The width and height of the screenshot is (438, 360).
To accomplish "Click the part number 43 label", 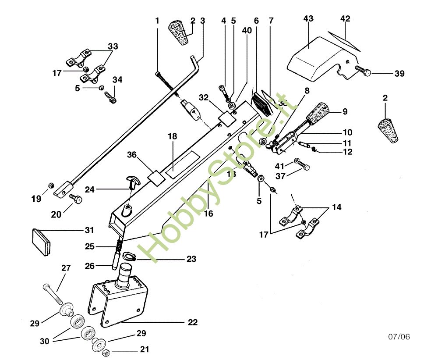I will tap(308, 19).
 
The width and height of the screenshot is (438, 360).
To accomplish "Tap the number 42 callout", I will tap(346, 19).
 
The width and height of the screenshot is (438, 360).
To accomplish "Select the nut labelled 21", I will tap(106, 353).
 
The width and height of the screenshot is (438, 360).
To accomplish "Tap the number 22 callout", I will tap(193, 323).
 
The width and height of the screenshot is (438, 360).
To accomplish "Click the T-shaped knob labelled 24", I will tap(131, 181).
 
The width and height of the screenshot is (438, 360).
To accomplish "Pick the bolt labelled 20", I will tap(76, 200).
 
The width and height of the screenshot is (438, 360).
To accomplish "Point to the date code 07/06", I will tap(399, 337).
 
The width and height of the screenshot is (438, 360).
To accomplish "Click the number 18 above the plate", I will tap(172, 136).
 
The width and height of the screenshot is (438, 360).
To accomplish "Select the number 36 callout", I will tap(132, 154).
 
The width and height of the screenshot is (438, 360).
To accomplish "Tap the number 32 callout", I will tap(204, 97).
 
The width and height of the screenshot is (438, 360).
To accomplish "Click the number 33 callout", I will tap(113, 46).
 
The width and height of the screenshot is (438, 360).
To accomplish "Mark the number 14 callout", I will tap(337, 207).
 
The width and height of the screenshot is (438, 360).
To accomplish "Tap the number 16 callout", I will tap(208, 214).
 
